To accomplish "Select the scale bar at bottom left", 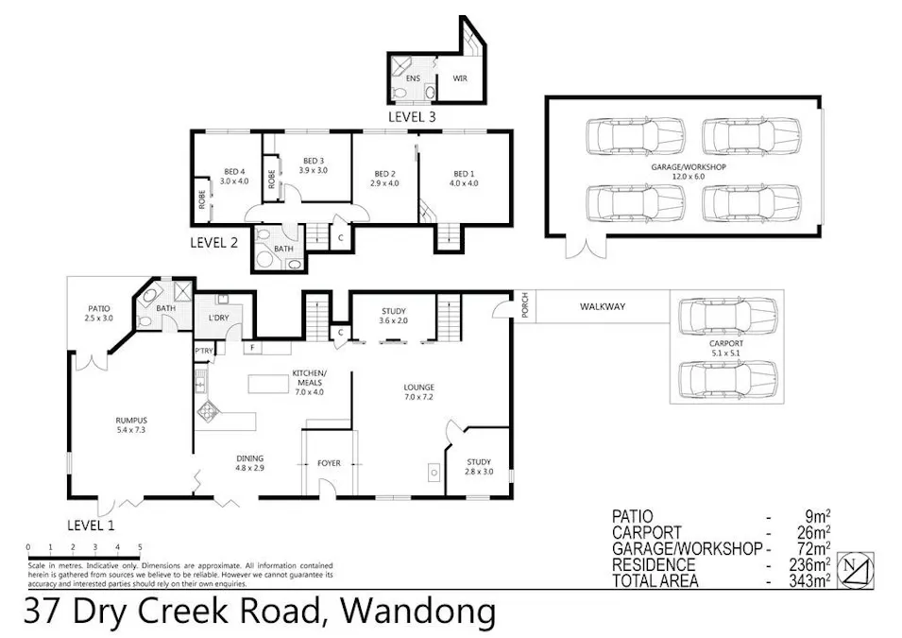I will (x=84, y=547).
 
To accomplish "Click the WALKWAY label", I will (x=603, y=306).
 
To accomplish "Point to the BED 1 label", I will (x=462, y=178).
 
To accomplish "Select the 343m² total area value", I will (x=811, y=580).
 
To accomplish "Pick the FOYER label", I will (x=328, y=463).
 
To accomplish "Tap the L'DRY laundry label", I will (x=220, y=317).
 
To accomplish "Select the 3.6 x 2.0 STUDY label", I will (x=393, y=315).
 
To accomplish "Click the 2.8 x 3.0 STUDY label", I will (x=479, y=466).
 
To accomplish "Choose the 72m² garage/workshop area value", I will (x=815, y=548).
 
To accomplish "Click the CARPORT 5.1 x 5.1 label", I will (x=726, y=349).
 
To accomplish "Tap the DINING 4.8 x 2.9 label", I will (x=249, y=462).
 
